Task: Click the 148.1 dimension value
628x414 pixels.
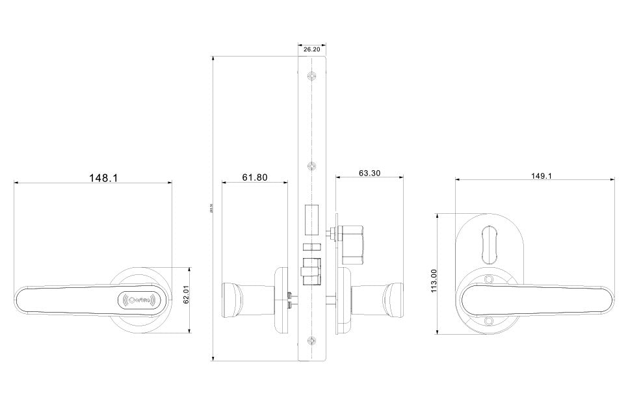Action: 103,177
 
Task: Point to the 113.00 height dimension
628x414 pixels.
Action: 434,281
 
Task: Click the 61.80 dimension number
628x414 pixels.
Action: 255,177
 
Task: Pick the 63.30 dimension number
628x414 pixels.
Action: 369,174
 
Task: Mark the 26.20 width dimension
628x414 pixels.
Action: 311,49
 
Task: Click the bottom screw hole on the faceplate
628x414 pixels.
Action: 312,341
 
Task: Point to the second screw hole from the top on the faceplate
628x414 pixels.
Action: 312,165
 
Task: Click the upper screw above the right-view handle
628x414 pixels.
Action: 489,280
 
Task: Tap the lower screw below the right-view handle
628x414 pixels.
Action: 489,320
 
